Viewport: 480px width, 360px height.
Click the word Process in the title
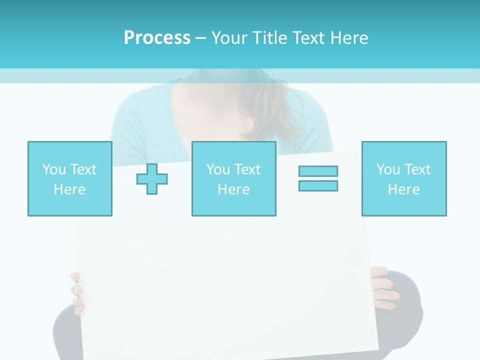[x=157, y=37]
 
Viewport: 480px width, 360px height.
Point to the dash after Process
[x=201, y=38]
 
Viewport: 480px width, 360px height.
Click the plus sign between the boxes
[x=152, y=179]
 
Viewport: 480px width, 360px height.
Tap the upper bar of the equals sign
[x=318, y=171]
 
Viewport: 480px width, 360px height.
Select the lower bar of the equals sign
[x=318, y=185]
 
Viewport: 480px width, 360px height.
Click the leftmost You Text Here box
[x=70, y=178]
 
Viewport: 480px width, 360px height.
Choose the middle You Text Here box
[x=233, y=178]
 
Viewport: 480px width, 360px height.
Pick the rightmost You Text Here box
[x=403, y=178]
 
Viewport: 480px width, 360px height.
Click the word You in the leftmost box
[x=53, y=169]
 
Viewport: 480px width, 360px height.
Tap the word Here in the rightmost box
[x=403, y=189]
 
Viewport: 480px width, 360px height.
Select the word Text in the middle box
[x=247, y=169]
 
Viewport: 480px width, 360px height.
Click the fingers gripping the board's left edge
[x=76, y=292]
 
